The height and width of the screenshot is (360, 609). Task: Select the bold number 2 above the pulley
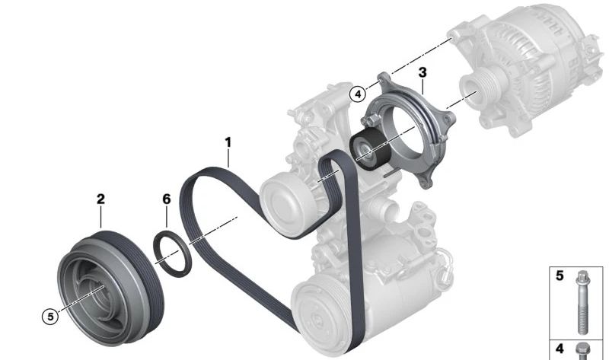pyautogui.click(x=100, y=199)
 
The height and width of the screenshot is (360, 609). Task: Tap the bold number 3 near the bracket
pyautogui.click(x=422, y=73)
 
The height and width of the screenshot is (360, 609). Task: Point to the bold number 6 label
pyautogui.click(x=167, y=199)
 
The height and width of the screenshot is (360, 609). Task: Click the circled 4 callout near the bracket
pyautogui.click(x=358, y=94)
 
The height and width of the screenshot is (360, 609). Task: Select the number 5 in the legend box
pyautogui.click(x=560, y=276)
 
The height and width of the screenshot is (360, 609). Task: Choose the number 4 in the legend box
pyautogui.click(x=560, y=349)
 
